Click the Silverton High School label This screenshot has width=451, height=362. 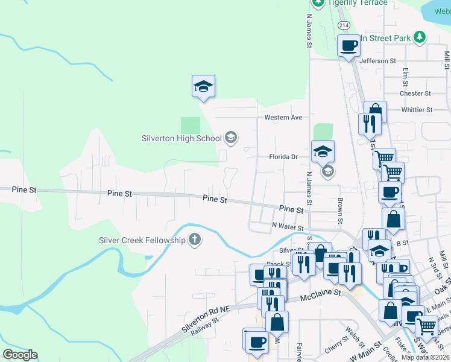click(x=181, y=138)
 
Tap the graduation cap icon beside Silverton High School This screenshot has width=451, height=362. click(x=230, y=138)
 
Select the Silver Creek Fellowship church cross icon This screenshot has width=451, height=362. click(x=194, y=240)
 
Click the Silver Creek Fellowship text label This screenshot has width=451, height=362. click(x=142, y=240)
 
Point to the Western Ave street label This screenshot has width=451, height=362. click(x=283, y=117)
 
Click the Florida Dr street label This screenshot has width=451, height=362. click(x=283, y=157)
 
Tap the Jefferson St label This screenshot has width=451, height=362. click(x=377, y=61)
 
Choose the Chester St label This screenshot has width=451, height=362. click(x=415, y=94)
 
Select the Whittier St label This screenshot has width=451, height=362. click(x=417, y=110)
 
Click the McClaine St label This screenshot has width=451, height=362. click(x=321, y=294)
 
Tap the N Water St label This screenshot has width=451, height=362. click(x=287, y=227)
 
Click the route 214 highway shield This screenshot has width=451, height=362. click(x=344, y=25)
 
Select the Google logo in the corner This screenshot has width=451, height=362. click(x=20, y=355)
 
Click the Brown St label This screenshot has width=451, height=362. click(x=340, y=209)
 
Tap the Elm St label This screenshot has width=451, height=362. click(x=406, y=77)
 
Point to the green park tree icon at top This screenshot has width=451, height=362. click(x=420, y=37)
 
